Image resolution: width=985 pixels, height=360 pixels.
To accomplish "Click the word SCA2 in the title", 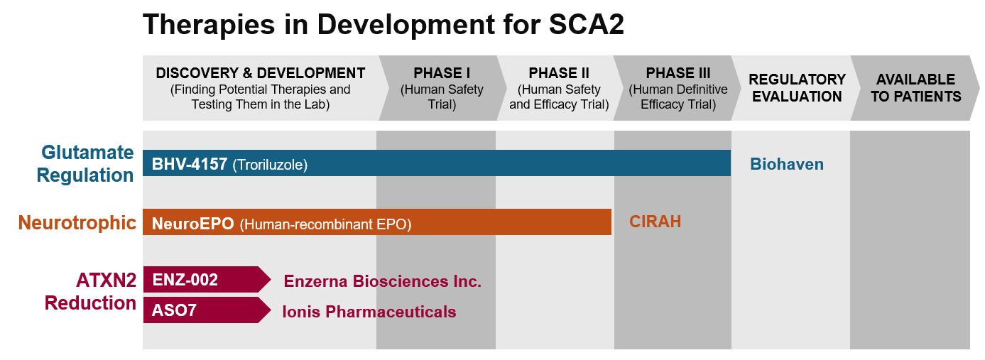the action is [x=586, y=24].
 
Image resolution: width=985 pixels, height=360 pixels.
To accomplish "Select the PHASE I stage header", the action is [x=442, y=88].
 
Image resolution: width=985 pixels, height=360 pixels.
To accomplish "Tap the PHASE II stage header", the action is [x=559, y=88].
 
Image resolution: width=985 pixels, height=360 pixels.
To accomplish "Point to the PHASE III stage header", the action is [x=678, y=88].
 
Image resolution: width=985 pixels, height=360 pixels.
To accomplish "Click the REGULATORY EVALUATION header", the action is [x=797, y=88].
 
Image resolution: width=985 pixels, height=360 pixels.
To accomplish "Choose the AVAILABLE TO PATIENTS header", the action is [x=916, y=88].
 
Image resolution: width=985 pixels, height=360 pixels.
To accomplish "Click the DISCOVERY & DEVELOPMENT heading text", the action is [x=261, y=73].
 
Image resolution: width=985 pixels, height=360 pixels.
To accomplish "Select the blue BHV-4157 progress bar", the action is [x=437, y=163].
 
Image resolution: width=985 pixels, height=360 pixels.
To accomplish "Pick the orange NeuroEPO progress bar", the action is [x=377, y=222].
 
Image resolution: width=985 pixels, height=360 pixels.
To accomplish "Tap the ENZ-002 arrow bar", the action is [x=207, y=280].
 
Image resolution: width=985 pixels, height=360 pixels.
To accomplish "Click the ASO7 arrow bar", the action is [x=207, y=310].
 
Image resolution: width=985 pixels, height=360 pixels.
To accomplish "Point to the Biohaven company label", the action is [x=787, y=164].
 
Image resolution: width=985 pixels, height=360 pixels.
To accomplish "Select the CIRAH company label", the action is [x=655, y=222].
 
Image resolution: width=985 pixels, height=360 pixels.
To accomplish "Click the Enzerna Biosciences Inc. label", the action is [x=383, y=281].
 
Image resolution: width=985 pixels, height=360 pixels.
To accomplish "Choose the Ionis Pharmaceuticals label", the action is [x=369, y=312].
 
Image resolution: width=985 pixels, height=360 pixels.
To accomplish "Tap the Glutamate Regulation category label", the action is [x=85, y=163].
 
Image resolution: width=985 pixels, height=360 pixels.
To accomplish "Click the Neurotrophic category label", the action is [x=77, y=223].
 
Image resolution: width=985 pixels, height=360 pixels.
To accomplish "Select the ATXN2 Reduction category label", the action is [x=91, y=291].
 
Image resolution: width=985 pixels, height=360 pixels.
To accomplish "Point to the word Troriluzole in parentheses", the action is [x=270, y=165].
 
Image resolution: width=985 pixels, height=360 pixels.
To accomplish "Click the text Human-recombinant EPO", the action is [x=325, y=224].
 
